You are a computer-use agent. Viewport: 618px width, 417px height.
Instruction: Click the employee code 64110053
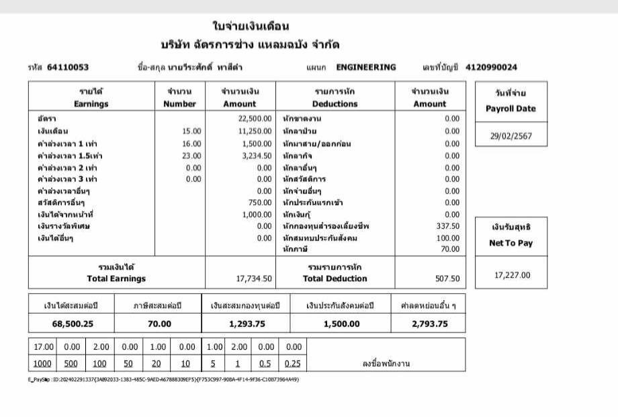click(x=67, y=67)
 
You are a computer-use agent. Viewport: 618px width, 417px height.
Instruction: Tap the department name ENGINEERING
click(x=365, y=67)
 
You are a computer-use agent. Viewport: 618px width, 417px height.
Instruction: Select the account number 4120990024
click(x=490, y=67)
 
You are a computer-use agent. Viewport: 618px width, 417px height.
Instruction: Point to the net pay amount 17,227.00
click(x=512, y=274)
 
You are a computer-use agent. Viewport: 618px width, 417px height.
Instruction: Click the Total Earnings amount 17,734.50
click(x=254, y=278)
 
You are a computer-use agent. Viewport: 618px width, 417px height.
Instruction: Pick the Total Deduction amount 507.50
click(x=447, y=278)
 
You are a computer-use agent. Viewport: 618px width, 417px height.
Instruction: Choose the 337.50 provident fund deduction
click(x=448, y=226)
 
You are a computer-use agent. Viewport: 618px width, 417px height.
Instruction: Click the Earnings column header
click(x=91, y=104)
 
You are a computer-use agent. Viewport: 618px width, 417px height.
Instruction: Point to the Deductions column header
click(x=335, y=104)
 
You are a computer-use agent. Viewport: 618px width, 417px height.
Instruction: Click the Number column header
click(x=179, y=104)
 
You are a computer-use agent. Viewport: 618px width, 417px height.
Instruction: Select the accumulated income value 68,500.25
click(x=73, y=324)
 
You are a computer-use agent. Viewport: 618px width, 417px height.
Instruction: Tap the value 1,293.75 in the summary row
click(x=247, y=324)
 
